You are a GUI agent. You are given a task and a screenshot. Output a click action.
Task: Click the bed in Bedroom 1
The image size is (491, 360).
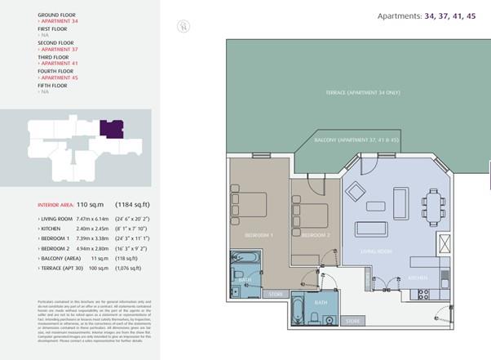[x=250, y=202]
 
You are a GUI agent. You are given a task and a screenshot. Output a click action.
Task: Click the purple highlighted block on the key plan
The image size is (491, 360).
[x=111, y=129]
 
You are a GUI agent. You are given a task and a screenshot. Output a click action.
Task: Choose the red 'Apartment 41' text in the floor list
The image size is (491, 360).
[x=59, y=63]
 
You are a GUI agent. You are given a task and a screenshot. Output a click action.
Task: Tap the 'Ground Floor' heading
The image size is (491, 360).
[x=57, y=15]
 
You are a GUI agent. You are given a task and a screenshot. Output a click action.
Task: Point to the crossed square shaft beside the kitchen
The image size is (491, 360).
[x=444, y=243]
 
